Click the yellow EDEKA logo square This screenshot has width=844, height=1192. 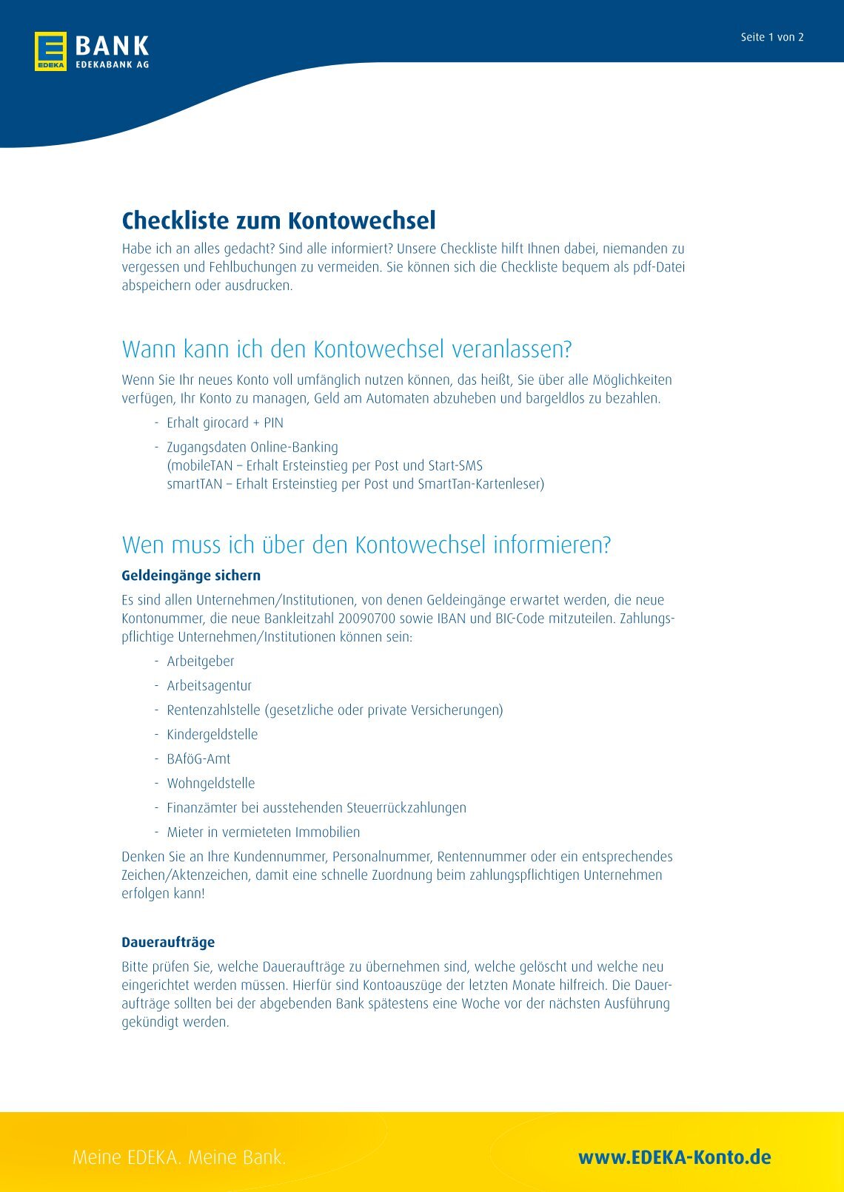50,51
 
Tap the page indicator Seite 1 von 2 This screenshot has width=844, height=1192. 771,38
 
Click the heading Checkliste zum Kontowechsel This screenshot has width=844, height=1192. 278,220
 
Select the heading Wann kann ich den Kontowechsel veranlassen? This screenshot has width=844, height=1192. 346,349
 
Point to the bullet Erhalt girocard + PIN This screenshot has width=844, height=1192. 224,423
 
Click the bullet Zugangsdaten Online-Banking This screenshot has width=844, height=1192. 252,448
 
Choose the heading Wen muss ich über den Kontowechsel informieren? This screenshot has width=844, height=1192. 366,545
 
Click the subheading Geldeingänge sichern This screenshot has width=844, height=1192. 191,576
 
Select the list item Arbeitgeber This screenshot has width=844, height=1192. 200,661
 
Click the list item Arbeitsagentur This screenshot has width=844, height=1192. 209,686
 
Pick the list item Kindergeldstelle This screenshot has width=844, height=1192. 212,735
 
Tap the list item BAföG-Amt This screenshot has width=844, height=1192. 198,759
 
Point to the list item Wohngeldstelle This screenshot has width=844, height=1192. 210,784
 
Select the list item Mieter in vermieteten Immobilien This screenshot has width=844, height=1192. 263,832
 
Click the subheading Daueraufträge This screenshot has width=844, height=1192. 168,943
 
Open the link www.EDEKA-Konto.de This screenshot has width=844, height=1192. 674,1157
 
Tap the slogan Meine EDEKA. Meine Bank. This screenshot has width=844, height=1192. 179,1157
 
